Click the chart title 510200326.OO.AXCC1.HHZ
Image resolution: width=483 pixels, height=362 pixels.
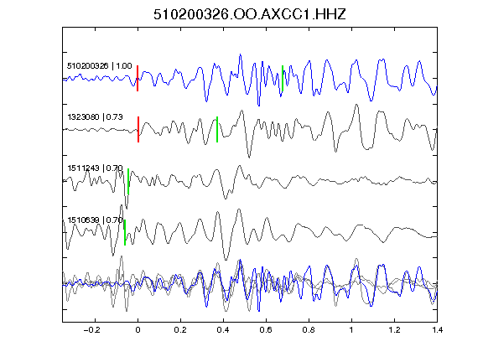(x=250, y=14)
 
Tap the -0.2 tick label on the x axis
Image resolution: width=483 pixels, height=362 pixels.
(x=91, y=330)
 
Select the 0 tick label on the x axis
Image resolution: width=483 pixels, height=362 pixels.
(x=138, y=330)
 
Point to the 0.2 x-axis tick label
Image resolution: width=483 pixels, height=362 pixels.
(x=180, y=330)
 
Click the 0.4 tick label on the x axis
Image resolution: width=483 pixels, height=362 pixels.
(x=223, y=330)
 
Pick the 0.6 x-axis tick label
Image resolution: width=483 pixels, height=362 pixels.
(x=266, y=330)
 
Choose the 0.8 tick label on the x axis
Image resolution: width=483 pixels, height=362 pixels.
(x=309, y=330)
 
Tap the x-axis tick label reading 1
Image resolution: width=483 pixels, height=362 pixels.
(x=351, y=330)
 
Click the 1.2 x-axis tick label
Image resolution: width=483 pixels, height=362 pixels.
(x=394, y=330)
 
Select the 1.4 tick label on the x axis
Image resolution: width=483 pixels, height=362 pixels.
(x=437, y=330)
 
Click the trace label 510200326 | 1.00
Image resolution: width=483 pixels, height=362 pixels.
(x=100, y=66)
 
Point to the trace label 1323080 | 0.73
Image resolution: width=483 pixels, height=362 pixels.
(x=96, y=117)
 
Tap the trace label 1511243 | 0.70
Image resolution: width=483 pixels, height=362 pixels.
(x=96, y=168)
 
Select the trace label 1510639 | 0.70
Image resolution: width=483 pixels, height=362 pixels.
(x=96, y=220)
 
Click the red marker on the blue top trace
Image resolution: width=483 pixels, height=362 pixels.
(x=138, y=78)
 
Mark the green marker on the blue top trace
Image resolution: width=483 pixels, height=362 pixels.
(x=283, y=78)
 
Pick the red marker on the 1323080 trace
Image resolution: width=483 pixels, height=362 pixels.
(x=138, y=129)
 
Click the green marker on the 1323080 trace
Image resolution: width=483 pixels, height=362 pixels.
(x=217, y=129)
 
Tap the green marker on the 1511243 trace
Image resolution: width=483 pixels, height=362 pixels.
(x=128, y=181)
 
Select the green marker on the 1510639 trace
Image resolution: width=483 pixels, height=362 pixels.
(x=125, y=232)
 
